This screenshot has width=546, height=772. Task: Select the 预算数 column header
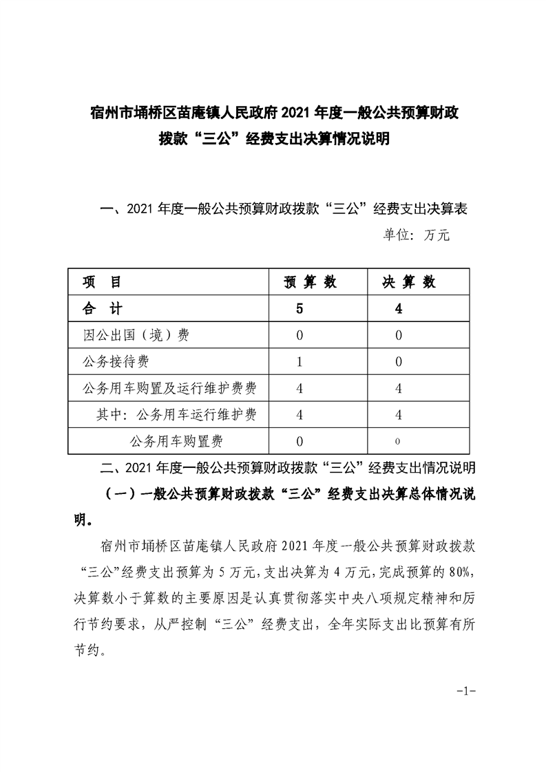click(x=311, y=282)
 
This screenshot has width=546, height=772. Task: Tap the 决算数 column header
click(x=409, y=282)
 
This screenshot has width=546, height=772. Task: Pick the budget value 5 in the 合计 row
click(x=299, y=309)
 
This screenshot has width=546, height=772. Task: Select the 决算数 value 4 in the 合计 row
click(x=399, y=309)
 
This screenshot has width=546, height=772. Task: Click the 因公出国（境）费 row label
click(x=136, y=335)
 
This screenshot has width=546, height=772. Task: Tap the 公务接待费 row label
click(x=116, y=361)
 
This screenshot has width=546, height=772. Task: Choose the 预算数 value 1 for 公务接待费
click(x=299, y=361)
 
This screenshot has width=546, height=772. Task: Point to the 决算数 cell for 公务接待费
click(x=399, y=361)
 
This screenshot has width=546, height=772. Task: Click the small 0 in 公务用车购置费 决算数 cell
click(x=399, y=441)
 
